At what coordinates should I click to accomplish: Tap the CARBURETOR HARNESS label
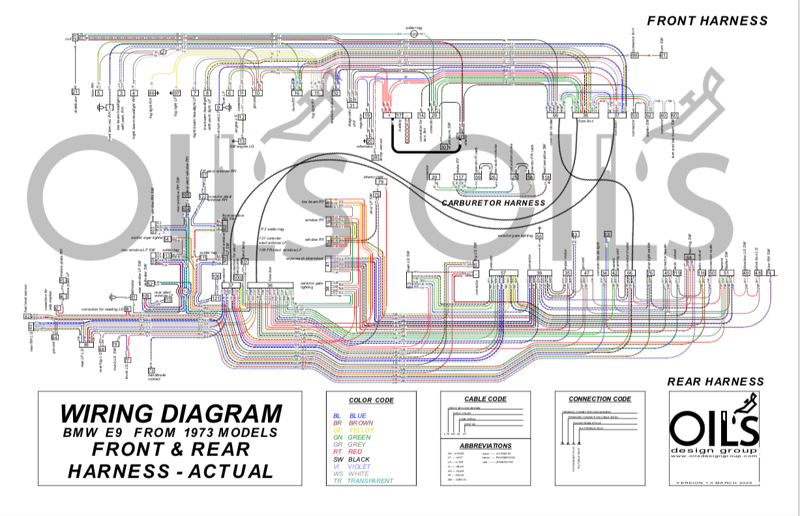pyautogui.click(x=493, y=203)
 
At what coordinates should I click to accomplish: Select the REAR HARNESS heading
pyautogui.click(x=715, y=381)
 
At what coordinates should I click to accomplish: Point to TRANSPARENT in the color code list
pyautogui.click(x=370, y=481)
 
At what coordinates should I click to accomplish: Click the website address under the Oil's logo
pyautogui.click(x=715, y=456)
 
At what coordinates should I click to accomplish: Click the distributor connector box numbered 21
pyautogui.click(x=75, y=92)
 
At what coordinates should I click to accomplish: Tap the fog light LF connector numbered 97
pyautogui.click(x=175, y=93)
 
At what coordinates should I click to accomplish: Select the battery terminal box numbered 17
pyautogui.click(x=399, y=115)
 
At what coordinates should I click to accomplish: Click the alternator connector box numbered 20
pyautogui.click(x=370, y=141)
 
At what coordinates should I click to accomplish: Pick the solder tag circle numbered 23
pyautogui.click(x=413, y=34)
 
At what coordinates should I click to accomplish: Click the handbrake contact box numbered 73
pyautogui.click(x=151, y=370)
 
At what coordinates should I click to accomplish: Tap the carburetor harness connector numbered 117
pyautogui.click(x=460, y=177)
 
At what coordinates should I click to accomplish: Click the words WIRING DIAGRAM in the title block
pyautogui.click(x=171, y=414)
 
